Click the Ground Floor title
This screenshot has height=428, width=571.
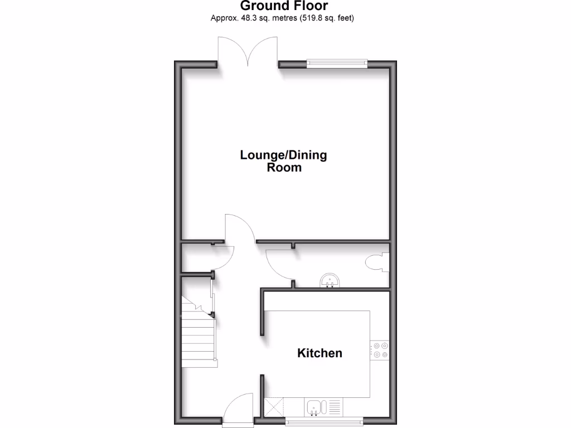(284, 6)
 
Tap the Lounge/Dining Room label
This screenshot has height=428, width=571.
(283, 160)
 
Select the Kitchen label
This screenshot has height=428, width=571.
(320, 353)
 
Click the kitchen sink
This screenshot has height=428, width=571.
(314, 407)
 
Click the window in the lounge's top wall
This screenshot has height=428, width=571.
(337, 62)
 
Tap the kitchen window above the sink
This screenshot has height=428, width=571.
(324, 421)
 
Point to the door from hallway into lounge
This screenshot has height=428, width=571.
(239, 228)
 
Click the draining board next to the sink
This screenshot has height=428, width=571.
(336, 407)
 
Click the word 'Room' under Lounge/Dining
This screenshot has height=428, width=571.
(283, 167)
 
